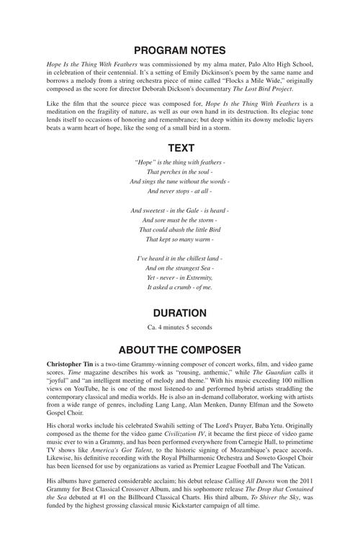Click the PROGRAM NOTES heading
[x=180, y=50]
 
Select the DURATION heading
[x=180, y=313]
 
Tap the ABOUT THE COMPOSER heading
[x=180, y=350]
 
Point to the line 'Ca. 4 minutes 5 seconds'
[x=180, y=327]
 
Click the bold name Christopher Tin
[x=73, y=366]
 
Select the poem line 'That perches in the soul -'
[x=180, y=173]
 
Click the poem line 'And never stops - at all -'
[x=180, y=191]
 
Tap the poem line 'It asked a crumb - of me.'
[x=180, y=286]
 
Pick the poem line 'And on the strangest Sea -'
[x=180, y=268]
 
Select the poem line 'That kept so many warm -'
[x=180, y=239]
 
